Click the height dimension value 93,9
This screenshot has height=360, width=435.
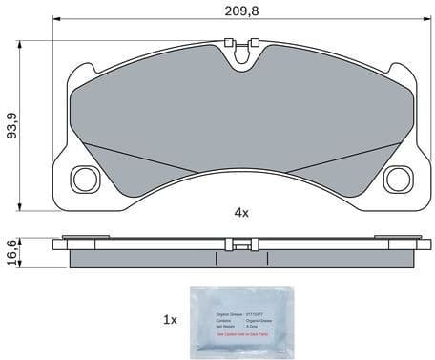11,124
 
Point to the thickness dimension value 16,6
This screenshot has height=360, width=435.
11,254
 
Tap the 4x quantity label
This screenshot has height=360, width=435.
240,211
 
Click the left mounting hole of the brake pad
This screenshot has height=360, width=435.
85,178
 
